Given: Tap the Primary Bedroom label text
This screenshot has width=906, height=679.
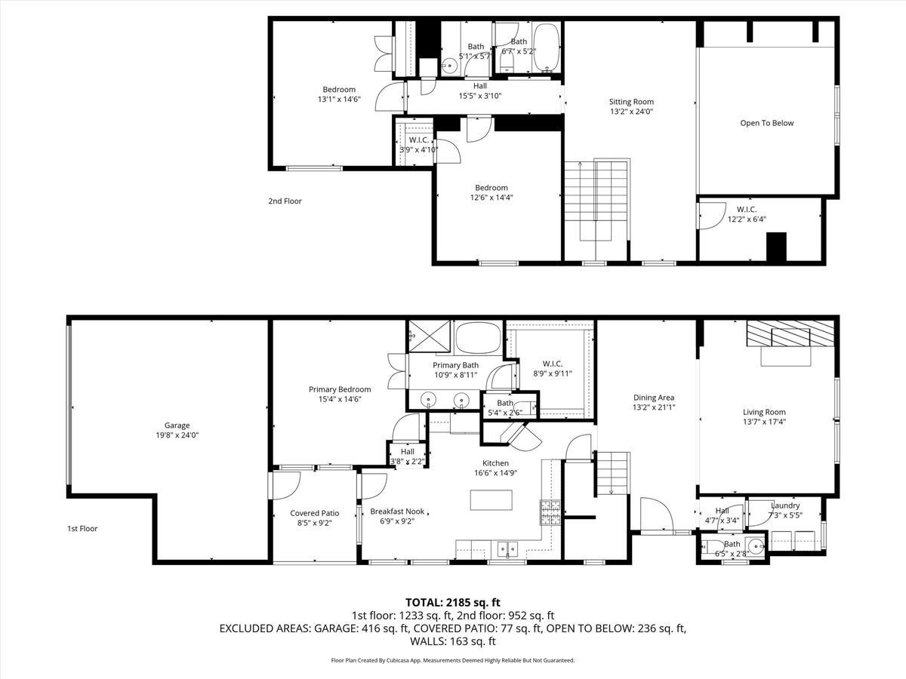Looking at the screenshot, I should coord(340,389).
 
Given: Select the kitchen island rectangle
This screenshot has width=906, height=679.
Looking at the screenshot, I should coord(491,500).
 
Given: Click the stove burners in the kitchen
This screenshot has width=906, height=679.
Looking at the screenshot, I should coord(549,512).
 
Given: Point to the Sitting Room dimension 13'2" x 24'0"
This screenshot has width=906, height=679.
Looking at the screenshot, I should coord(631,111).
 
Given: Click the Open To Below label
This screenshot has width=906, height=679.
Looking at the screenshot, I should coord(766,123).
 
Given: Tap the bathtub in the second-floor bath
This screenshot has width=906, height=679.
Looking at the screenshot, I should coord(547,47).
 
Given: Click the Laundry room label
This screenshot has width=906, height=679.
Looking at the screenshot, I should coord(785,505).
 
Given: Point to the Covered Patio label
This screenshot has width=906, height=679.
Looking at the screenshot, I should coord(314,513).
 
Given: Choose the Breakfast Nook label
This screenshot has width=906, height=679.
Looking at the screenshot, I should coord(397,511).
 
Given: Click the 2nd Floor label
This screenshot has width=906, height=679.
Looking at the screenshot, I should coord(285,201).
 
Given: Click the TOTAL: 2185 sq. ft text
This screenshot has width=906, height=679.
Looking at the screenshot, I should coord(453,602).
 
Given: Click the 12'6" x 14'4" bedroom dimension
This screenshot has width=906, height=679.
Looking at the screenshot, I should coord(491,197).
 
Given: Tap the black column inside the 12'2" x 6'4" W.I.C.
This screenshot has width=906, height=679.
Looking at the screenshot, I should coord(776,247).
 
